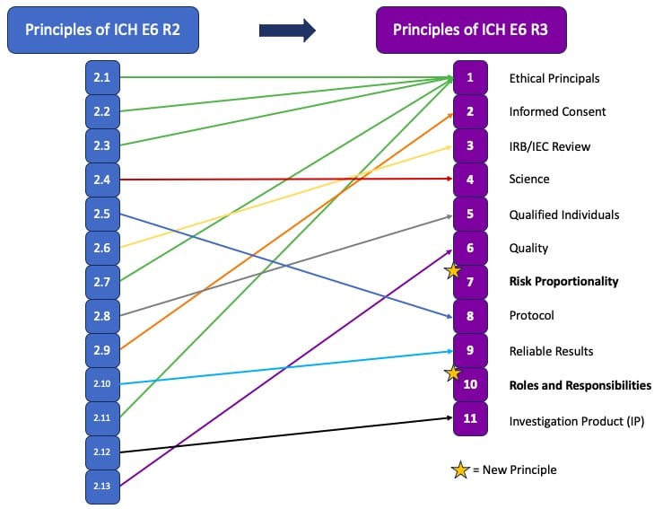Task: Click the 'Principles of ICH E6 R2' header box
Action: click(102, 30)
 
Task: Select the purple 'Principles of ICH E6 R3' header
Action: click(471, 30)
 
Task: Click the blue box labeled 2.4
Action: click(101, 180)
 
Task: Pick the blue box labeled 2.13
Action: click(101, 486)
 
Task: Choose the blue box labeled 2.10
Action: click(101, 384)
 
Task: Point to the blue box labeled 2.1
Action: click(101, 78)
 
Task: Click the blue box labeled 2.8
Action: click(101, 316)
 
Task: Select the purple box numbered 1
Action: click(470, 78)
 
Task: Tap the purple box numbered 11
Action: click(470, 418)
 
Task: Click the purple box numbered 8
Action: click(470, 316)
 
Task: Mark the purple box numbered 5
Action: click(470, 215)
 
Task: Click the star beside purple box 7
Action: click(454, 270)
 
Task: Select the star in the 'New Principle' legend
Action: click(461, 470)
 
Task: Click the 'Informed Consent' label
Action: click(557, 112)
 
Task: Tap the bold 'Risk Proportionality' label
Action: click(563, 282)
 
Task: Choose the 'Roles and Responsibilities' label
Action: click(580, 385)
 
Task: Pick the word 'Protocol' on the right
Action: click(531, 316)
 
